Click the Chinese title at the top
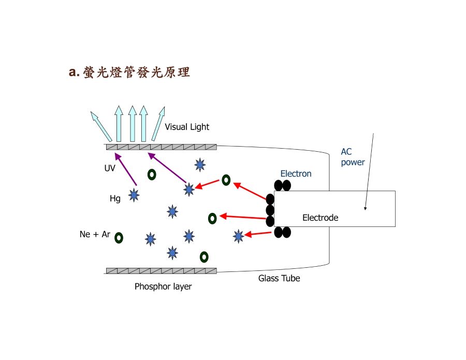(129, 72)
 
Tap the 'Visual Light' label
(187, 127)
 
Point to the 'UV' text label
(110, 168)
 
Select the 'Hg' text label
(115, 198)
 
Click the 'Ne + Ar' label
(95, 234)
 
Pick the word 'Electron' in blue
(296, 174)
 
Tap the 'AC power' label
(353, 157)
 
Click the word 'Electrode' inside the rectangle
(320, 218)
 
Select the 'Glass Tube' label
(279, 278)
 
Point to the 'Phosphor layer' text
(163, 286)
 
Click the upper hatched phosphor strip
(162, 147)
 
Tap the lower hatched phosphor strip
(162, 271)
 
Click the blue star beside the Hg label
(134, 195)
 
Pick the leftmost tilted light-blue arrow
(101, 126)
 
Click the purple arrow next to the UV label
(126, 169)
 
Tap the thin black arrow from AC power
(369, 172)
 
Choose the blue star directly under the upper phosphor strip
(200, 165)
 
